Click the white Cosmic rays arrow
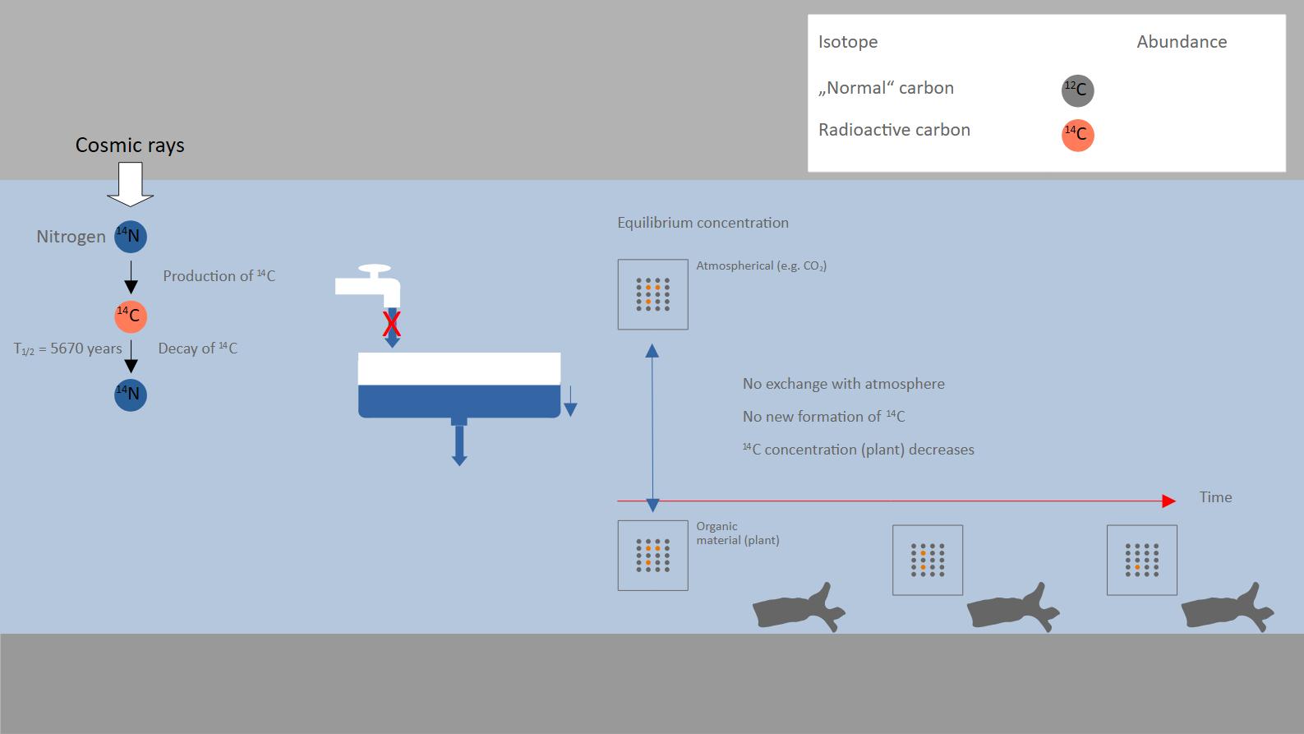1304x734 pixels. click(x=131, y=183)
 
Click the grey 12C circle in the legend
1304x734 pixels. click(x=1077, y=90)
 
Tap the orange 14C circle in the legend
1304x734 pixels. click(x=1077, y=135)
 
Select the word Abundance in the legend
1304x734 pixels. click(x=1182, y=42)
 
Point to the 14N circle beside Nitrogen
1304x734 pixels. click(x=131, y=237)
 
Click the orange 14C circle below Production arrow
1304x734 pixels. click(x=131, y=316)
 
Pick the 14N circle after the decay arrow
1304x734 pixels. click(x=131, y=395)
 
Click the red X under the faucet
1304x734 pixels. click(x=392, y=325)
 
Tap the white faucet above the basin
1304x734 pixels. click(x=368, y=285)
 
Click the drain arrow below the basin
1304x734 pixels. click(x=459, y=445)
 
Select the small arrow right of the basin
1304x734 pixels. click(x=570, y=401)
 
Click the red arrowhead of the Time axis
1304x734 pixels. click(x=1169, y=501)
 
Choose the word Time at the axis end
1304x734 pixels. click(x=1215, y=497)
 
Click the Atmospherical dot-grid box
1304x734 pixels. click(x=652, y=294)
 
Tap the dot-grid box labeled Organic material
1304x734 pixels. click(x=652, y=555)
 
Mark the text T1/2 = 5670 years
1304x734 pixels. click(x=68, y=349)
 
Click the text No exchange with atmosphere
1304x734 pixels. click(x=844, y=384)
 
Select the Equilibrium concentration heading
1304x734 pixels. click(x=703, y=223)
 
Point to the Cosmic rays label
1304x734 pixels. click(x=130, y=145)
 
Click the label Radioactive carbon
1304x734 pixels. click(x=894, y=129)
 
